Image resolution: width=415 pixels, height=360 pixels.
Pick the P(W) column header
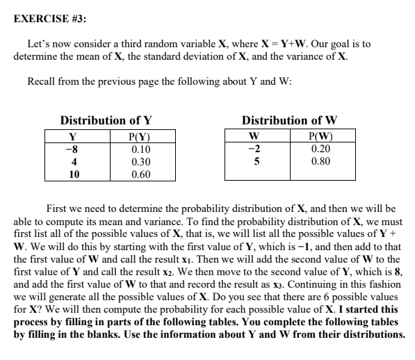320,136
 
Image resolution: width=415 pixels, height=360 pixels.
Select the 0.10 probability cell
142,149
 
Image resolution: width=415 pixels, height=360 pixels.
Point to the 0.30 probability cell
142,162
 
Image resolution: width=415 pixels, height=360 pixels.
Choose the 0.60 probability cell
142,174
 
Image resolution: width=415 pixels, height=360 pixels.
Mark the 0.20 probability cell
320,149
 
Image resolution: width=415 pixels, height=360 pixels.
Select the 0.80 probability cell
320,162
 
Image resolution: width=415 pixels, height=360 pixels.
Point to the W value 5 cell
256,162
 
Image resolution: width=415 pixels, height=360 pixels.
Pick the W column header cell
255,136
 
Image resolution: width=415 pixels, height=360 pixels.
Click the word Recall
43,81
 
